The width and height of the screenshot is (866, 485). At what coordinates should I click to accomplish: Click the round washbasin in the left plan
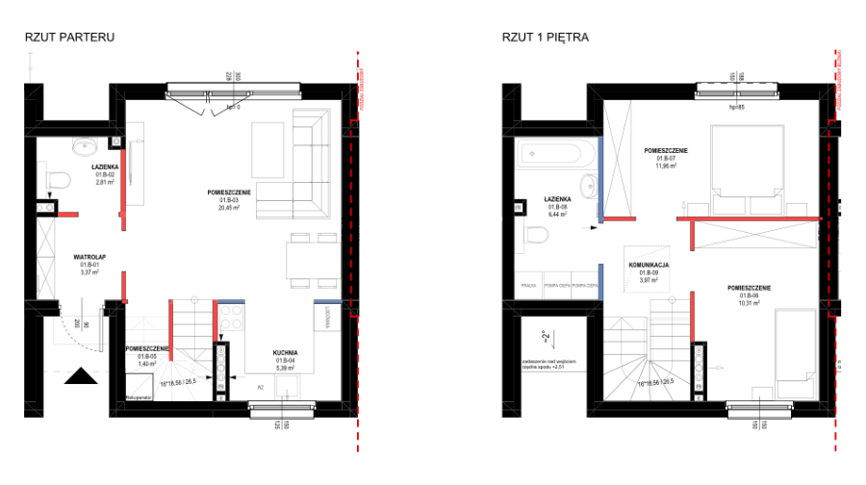click(x=85, y=146)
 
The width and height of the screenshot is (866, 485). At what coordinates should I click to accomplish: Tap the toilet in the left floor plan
click(x=56, y=180)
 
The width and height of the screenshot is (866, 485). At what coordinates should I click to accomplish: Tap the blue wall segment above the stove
click(x=231, y=302)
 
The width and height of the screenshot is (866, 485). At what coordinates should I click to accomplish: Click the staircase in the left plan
click(x=159, y=366)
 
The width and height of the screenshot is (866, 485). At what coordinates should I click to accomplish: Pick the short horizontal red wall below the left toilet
click(x=67, y=215)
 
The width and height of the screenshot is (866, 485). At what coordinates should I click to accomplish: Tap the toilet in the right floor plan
click(x=533, y=235)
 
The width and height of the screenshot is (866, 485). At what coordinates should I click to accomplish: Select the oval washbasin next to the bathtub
click(x=589, y=186)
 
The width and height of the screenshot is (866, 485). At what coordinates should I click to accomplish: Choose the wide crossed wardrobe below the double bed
click(x=754, y=235)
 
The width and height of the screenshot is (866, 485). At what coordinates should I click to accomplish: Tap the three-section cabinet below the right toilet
click(x=557, y=285)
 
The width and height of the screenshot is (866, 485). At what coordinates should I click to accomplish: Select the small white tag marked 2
click(x=547, y=336)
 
